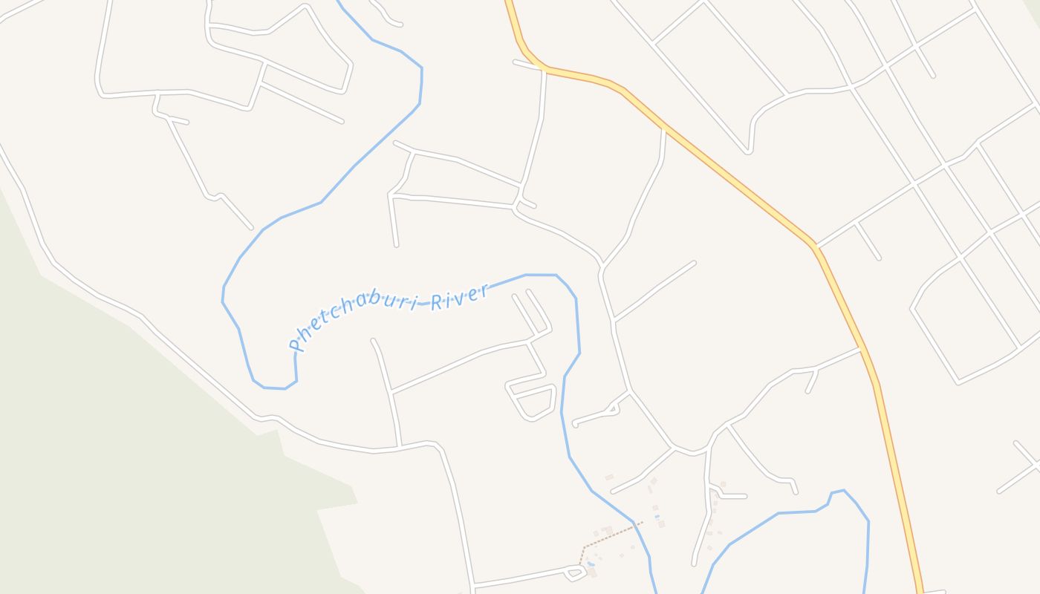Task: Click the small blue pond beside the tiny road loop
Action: (591, 565)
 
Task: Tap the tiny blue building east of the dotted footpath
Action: (657, 517)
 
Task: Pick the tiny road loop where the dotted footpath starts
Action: (574, 572)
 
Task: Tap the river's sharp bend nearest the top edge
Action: (421, 68)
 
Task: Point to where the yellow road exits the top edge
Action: (510, 4)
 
